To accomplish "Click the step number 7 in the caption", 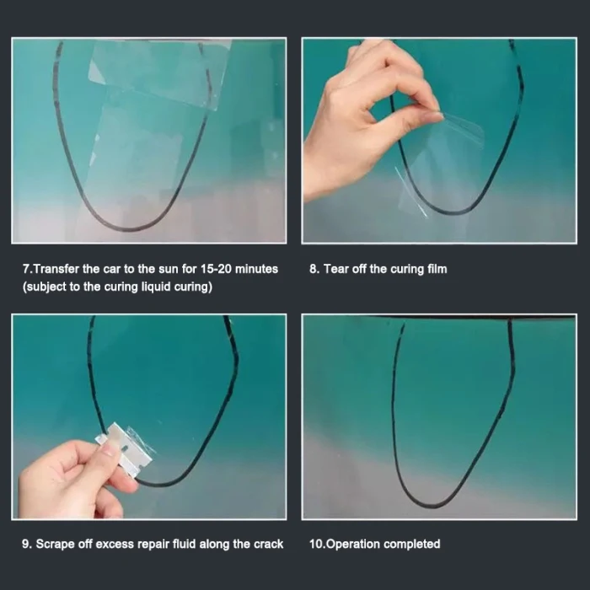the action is click(x=26, y=269).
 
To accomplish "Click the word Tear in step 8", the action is click(x=336, y=269).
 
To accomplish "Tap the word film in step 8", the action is click(x=437, y=269).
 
